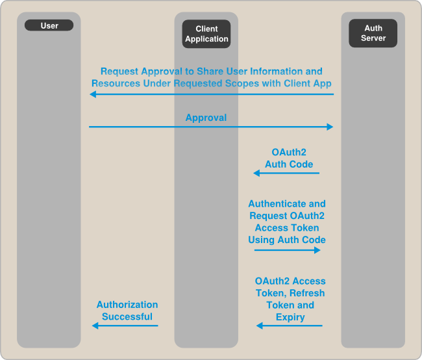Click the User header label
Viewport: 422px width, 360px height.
click(49, 26)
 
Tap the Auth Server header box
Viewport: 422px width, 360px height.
click(373, 33)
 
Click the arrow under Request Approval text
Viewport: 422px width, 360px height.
click(212, 94)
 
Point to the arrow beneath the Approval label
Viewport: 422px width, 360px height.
click(212, 127)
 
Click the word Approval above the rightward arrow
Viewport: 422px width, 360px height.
click(206, 118)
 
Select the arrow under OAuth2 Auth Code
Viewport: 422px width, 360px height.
click(286, 173)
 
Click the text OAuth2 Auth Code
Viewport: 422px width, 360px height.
click(289, 158)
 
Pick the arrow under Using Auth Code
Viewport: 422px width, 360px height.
click(288, 250)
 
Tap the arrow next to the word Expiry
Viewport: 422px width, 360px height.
click(289, 326)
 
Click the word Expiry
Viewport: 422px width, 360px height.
click(290, 318)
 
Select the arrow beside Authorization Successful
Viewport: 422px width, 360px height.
click(125, 326)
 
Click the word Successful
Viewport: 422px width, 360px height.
click(127, 317)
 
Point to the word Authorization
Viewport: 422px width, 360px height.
click(127, 304)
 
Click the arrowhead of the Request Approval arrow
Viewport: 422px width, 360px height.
click(93, 94)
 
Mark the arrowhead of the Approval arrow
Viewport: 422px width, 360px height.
click(330, 127)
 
